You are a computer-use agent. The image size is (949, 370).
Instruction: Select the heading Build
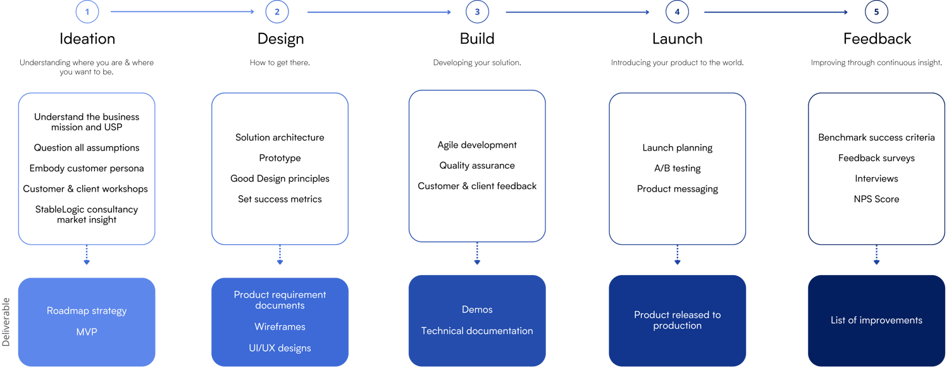(477, 39)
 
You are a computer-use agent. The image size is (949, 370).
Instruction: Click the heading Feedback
(877, 39)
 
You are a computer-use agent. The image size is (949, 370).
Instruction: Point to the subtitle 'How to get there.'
(280, 63)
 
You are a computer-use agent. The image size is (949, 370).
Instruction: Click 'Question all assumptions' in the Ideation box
(87, 148)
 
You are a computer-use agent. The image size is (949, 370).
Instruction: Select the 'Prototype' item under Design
(280, 158)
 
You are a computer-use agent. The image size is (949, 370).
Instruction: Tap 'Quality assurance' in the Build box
(477, 166)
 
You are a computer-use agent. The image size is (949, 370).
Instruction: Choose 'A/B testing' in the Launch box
(677, 168)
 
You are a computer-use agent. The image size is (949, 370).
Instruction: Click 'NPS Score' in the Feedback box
(876, 199)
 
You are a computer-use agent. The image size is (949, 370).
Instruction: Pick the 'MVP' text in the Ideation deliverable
(87, 331)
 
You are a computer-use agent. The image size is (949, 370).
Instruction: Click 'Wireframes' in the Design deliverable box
(280, 327)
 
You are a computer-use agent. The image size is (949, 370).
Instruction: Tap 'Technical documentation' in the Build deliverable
(477, 331)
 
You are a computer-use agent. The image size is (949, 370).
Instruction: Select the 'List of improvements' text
(876, 320)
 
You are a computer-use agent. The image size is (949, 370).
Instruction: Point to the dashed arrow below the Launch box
(677, 256)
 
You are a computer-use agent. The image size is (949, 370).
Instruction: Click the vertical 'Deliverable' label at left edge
(6, 322)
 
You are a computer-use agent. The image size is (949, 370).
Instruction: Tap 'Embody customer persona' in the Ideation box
(87, 168)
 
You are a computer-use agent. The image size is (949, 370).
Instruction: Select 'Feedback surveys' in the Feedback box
(876, 158)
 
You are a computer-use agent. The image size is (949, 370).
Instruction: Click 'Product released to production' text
(677, 320)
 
